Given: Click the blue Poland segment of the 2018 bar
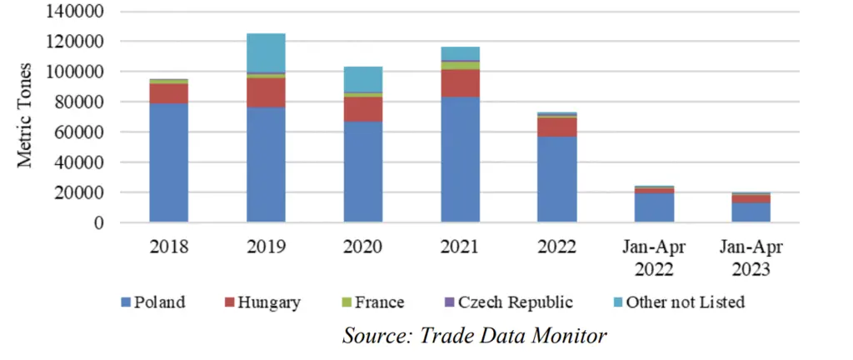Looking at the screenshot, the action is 168,162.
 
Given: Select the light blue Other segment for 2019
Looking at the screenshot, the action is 266,52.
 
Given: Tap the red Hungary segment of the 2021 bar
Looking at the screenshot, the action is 460,83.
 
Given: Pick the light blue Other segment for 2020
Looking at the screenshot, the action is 363,79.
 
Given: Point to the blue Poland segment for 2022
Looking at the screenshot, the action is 557,179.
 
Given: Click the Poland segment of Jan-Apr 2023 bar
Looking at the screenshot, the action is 751,212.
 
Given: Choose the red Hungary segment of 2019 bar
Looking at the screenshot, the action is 266,92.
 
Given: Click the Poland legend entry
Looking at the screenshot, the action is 153,302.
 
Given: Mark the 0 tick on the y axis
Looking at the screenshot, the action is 98,222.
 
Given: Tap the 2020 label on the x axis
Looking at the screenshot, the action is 363,247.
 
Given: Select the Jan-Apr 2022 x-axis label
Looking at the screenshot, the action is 655,258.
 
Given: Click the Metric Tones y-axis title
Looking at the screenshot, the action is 24,115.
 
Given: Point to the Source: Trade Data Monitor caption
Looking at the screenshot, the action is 474,335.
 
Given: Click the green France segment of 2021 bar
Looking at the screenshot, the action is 460,65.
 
